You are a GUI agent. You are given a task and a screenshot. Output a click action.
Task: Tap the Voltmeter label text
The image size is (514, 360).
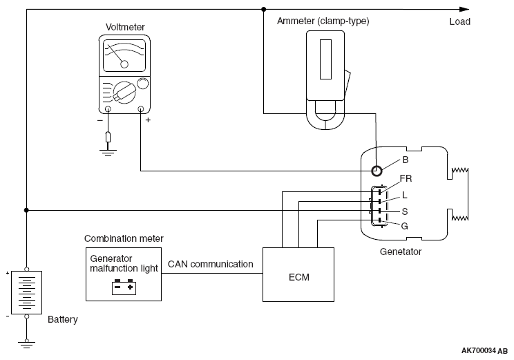pyautogui.click(x=125, y=27)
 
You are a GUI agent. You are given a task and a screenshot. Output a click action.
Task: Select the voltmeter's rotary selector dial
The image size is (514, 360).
pyautogui.click(x=124, y=91)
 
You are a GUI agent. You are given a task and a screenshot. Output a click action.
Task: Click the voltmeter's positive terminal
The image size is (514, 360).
pyautogui.click(x=141, y=108)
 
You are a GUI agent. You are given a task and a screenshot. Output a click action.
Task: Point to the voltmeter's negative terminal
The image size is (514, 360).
pyautogui.click(x=108, y=108)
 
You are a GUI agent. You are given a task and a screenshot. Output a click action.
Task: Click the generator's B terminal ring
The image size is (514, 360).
pyautogui.click(x=377, y=171)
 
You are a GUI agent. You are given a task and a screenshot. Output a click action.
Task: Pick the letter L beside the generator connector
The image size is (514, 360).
pyautogui.click(x=404, y=196)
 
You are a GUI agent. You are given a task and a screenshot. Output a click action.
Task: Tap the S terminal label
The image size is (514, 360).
pyautogui.click(x=404, y=210)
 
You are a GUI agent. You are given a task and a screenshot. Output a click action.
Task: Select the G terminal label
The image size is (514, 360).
pyautogui.click(x=404, y=225)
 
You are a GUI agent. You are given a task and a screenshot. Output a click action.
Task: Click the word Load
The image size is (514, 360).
pyautogui.click(x=459, y=21)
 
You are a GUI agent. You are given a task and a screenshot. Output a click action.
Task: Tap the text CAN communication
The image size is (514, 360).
pyautogui.click(x=210, y=264)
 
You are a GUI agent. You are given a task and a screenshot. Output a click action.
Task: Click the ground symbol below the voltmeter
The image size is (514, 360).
pyautogui.click(x=108, y=153)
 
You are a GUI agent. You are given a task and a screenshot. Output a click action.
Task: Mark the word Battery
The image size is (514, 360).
pyautogui.click(x=63, y=320)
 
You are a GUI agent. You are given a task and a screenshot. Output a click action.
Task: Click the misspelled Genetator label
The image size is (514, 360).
pyautogui.click(x=401, y=252)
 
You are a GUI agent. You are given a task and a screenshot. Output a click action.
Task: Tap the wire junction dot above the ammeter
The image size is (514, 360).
pyautogui.click(x=263, y=10)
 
